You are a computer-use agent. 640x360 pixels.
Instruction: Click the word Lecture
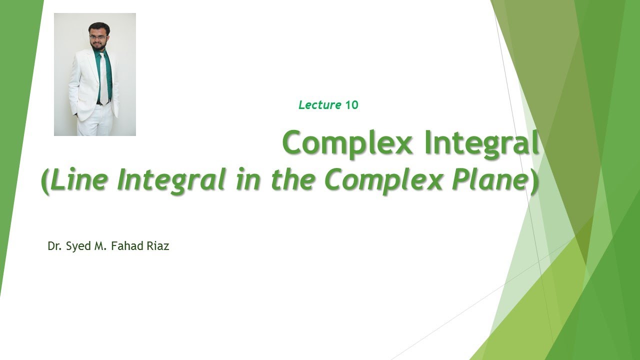(x=320, y=105)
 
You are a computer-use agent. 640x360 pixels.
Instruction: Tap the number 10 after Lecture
(x=352, y=105)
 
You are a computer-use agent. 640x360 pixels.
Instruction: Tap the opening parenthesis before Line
(x=45, y=181)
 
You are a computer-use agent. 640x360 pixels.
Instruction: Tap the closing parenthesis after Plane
(x=535, y=181)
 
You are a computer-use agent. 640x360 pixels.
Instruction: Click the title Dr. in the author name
(x=54, y=246)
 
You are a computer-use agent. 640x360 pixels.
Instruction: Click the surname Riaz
(x=157, y=246)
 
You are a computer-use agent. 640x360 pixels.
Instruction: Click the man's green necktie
(x=102, y=75)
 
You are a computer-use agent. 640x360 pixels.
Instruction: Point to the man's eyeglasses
(x=98, y=36)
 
